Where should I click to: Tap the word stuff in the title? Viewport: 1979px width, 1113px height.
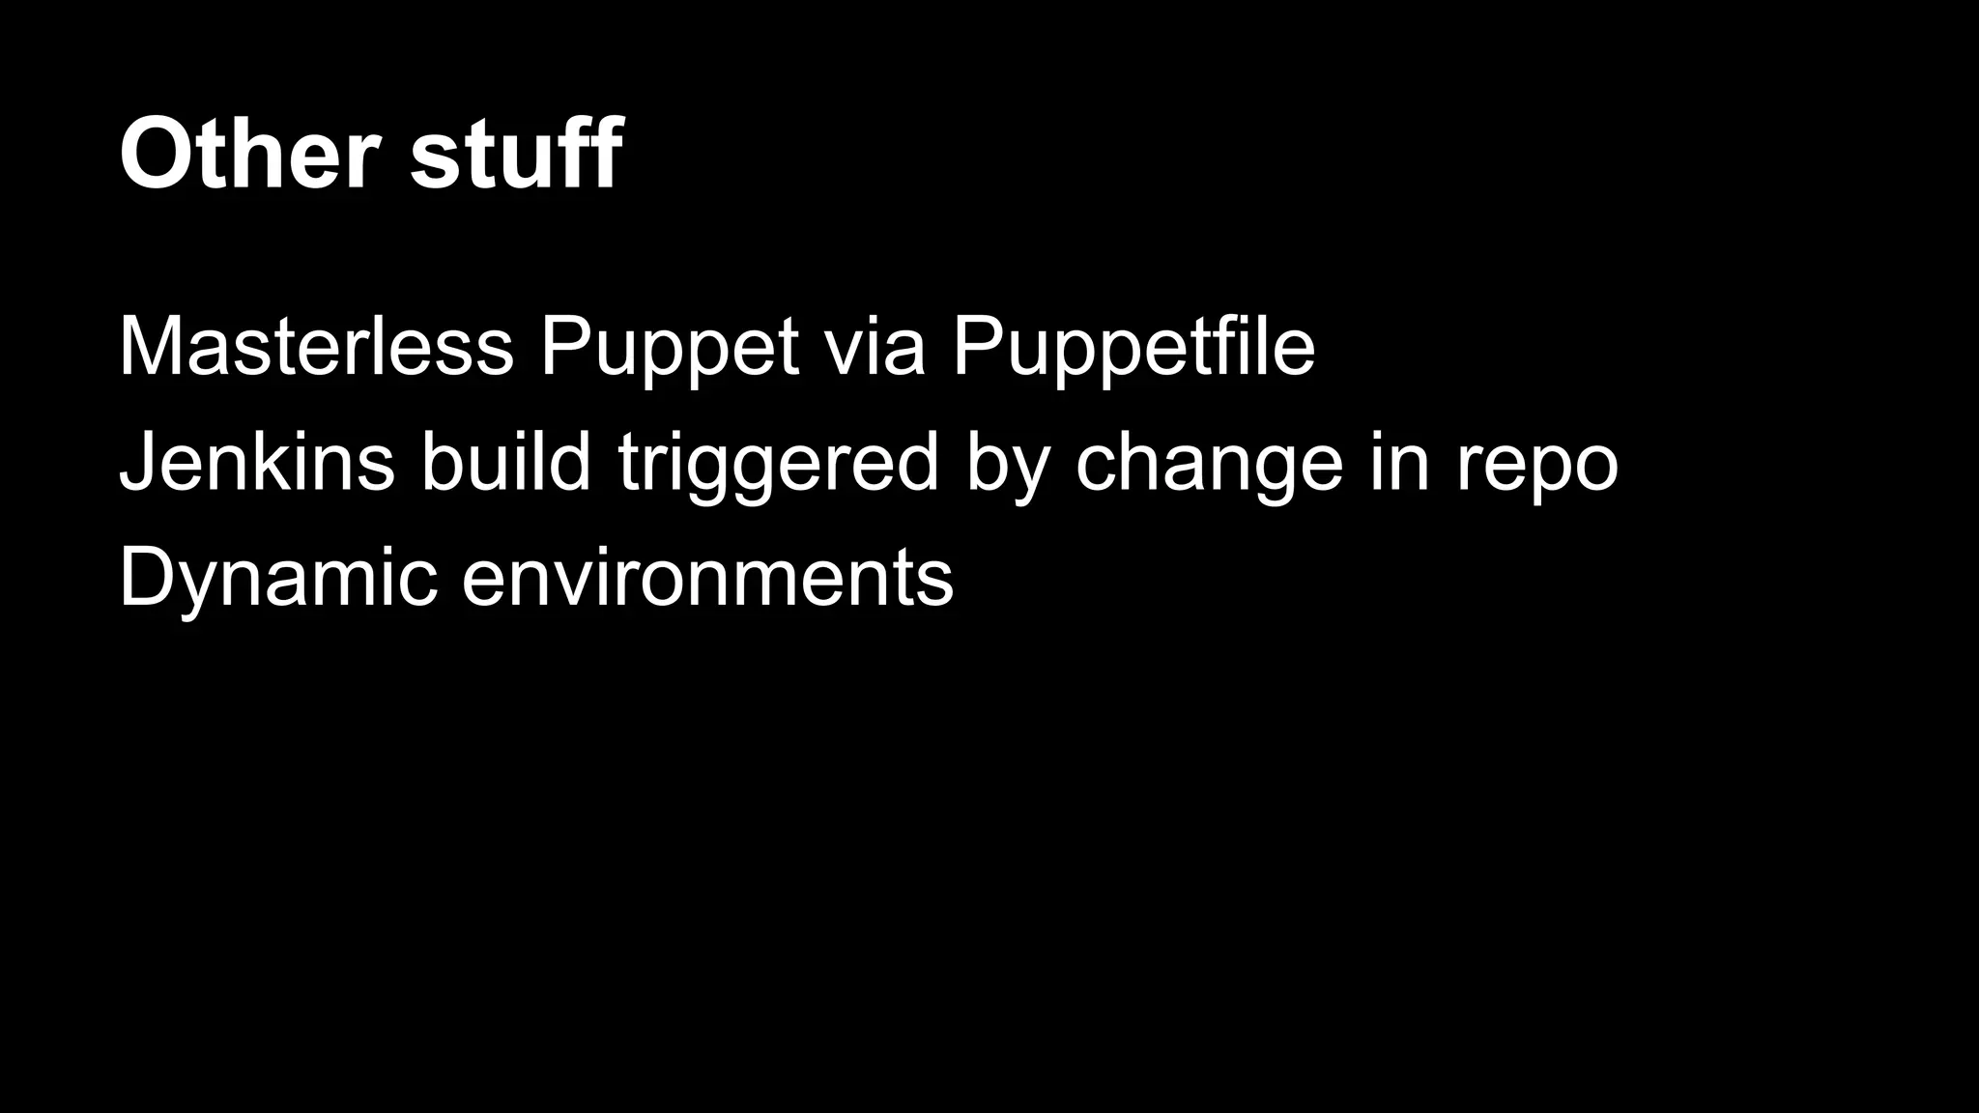(x=516, y=155)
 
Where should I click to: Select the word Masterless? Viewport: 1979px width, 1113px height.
(x=316, y=348)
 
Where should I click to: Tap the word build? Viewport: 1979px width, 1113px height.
(x=505, y=463)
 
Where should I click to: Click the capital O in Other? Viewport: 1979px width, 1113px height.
(x=158, y=155)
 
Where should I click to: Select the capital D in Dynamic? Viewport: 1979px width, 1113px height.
(x=150, y=578)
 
